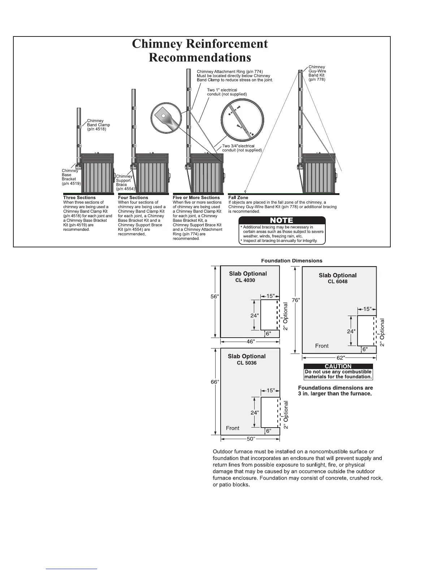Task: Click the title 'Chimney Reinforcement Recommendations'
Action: pyautogui.click(x=200, y=50)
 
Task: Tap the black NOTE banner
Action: pyautogui.click(x=282, y=220)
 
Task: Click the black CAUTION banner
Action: pyautogui.click(x=338, y=366)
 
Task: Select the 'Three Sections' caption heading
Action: pyautogui.click(x=79, y=198)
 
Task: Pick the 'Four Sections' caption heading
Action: pyautogui.click(x=133, y=198)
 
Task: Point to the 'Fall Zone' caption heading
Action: pyautogui.click(x=238, y=198)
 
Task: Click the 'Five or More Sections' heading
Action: pyautogui.click(x=196, y=198)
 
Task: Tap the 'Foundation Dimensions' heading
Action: pyautogui.click(x=291, y=260)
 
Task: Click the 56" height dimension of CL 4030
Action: pyautogui.click(x=214, y=296)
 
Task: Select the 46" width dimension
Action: pyautogui.click(x=250, y=342)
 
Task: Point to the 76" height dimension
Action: pyautogui.click(x=296, y=300)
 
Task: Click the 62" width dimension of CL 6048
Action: pyautogui.click(x=341, y=357)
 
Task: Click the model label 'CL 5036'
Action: pyautogui.click(x=247, y=363)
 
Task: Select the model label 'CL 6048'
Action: pyautogui.click(x=338, y=282)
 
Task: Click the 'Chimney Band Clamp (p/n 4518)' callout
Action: pyautogui.click(x=98, y=125)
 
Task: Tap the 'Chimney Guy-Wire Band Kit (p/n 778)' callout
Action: pyautogui.click(x=317, y=73)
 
